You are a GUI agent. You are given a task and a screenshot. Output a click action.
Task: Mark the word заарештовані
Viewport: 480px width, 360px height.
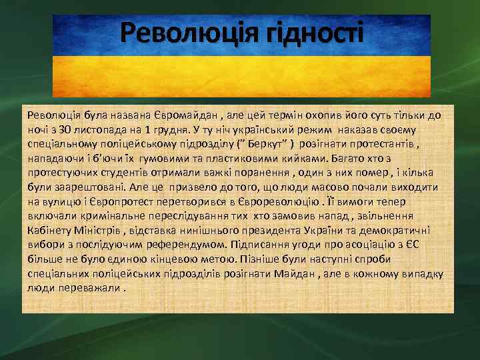point(83,187)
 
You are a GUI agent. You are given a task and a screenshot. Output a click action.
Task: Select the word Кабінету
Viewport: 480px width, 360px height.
point(51,231)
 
